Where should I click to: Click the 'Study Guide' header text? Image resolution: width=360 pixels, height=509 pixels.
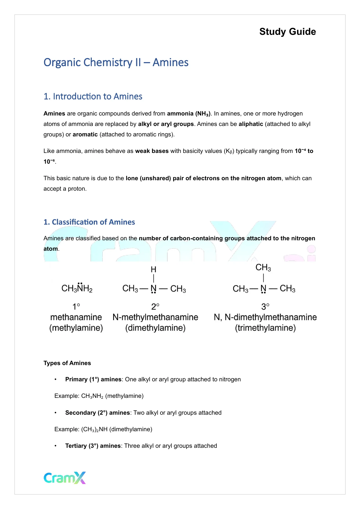pyautogui.click(x=287, y=32)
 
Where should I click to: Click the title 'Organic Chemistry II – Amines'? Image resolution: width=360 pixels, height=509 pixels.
pyautogui.click(x=116, y=62)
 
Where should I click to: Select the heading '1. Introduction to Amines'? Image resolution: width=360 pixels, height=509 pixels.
pyautogui.click(x=93, y=96)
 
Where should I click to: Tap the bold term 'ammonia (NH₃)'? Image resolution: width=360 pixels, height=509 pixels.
pyautogui.click(x=189, y=114)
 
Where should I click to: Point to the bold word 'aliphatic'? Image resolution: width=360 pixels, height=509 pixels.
pyautogui.click(x=251, y=124)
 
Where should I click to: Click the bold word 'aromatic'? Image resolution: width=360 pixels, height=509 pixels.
pyautogui.click(x=85, y=134)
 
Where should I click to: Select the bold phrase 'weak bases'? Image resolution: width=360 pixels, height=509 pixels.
pyautogui.click(x=152, y=151)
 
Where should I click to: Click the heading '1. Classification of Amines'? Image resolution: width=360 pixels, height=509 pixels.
pyautogui.click(x=89, y=222)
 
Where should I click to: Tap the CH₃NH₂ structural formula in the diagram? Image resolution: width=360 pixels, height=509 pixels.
pyautogui.click(x=77, y=288)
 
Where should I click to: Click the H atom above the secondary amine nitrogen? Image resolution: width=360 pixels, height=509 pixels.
pyautogui.click(x=153, y=270)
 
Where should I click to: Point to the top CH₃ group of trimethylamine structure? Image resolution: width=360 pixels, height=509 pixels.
pyautogui.click(x=263, y=268)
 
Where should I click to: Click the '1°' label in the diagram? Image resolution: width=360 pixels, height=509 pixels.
pyautogui.click(x=76, y=306)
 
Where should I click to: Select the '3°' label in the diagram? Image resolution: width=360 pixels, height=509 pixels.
pyautogui.click(x=265, y=306)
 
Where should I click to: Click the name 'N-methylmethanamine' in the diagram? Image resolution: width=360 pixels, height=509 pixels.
pyautogui.click(x=155, y=317)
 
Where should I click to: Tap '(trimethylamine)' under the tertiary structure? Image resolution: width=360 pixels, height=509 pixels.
pyautogui.click(x=265, y=328)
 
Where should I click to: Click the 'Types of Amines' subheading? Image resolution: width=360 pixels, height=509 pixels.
pyautogui.click(x=67, y=363)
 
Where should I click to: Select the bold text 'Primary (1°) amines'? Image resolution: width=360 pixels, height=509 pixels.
pyautogui.click(x=93, y=379)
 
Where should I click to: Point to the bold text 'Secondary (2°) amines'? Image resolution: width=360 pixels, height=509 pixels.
pyautogui.click(x=97, y=413)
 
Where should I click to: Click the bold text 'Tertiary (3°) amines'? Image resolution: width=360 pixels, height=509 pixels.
pyautogui.click(x=93, y=446)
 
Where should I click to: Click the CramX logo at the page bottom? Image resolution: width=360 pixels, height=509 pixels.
pyautogui.click(x=65, y=478)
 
